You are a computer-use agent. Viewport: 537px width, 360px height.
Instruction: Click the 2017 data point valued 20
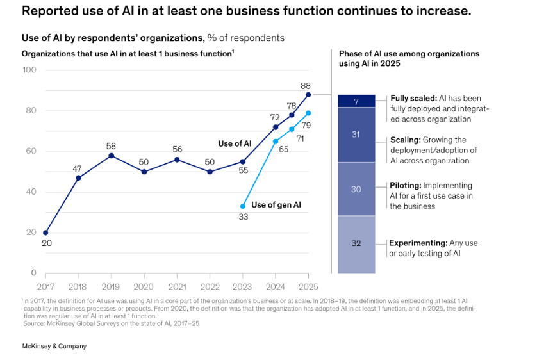pos(45,233)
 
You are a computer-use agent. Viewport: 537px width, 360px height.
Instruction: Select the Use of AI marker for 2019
pos(112,155)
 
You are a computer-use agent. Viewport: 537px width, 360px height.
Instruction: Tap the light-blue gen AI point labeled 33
pos(243,206)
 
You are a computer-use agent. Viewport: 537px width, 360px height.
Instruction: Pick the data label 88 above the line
pos(306,86)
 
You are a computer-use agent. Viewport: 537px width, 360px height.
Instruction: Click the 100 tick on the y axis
pos(30,70)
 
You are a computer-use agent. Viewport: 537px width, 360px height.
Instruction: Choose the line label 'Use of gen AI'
pos(276,205)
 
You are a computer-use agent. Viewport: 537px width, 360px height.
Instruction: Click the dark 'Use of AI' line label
pos(235,143)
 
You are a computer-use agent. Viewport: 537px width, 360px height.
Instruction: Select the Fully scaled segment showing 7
pos(356,101)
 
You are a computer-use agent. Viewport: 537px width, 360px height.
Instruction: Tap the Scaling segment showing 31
pos(356,135)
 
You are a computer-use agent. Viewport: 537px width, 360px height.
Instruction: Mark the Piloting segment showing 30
pos(356,189)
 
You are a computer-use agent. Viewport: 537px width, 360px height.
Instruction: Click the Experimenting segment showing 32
pos(356,243)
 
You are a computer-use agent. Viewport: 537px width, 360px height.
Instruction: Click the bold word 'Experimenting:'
pos(417,243)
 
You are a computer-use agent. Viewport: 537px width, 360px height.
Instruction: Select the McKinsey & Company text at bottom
pos(54,347)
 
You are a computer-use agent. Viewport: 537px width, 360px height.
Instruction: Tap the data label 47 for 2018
pos(78,168)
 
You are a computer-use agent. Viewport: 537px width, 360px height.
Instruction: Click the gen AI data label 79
pos(306,125)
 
